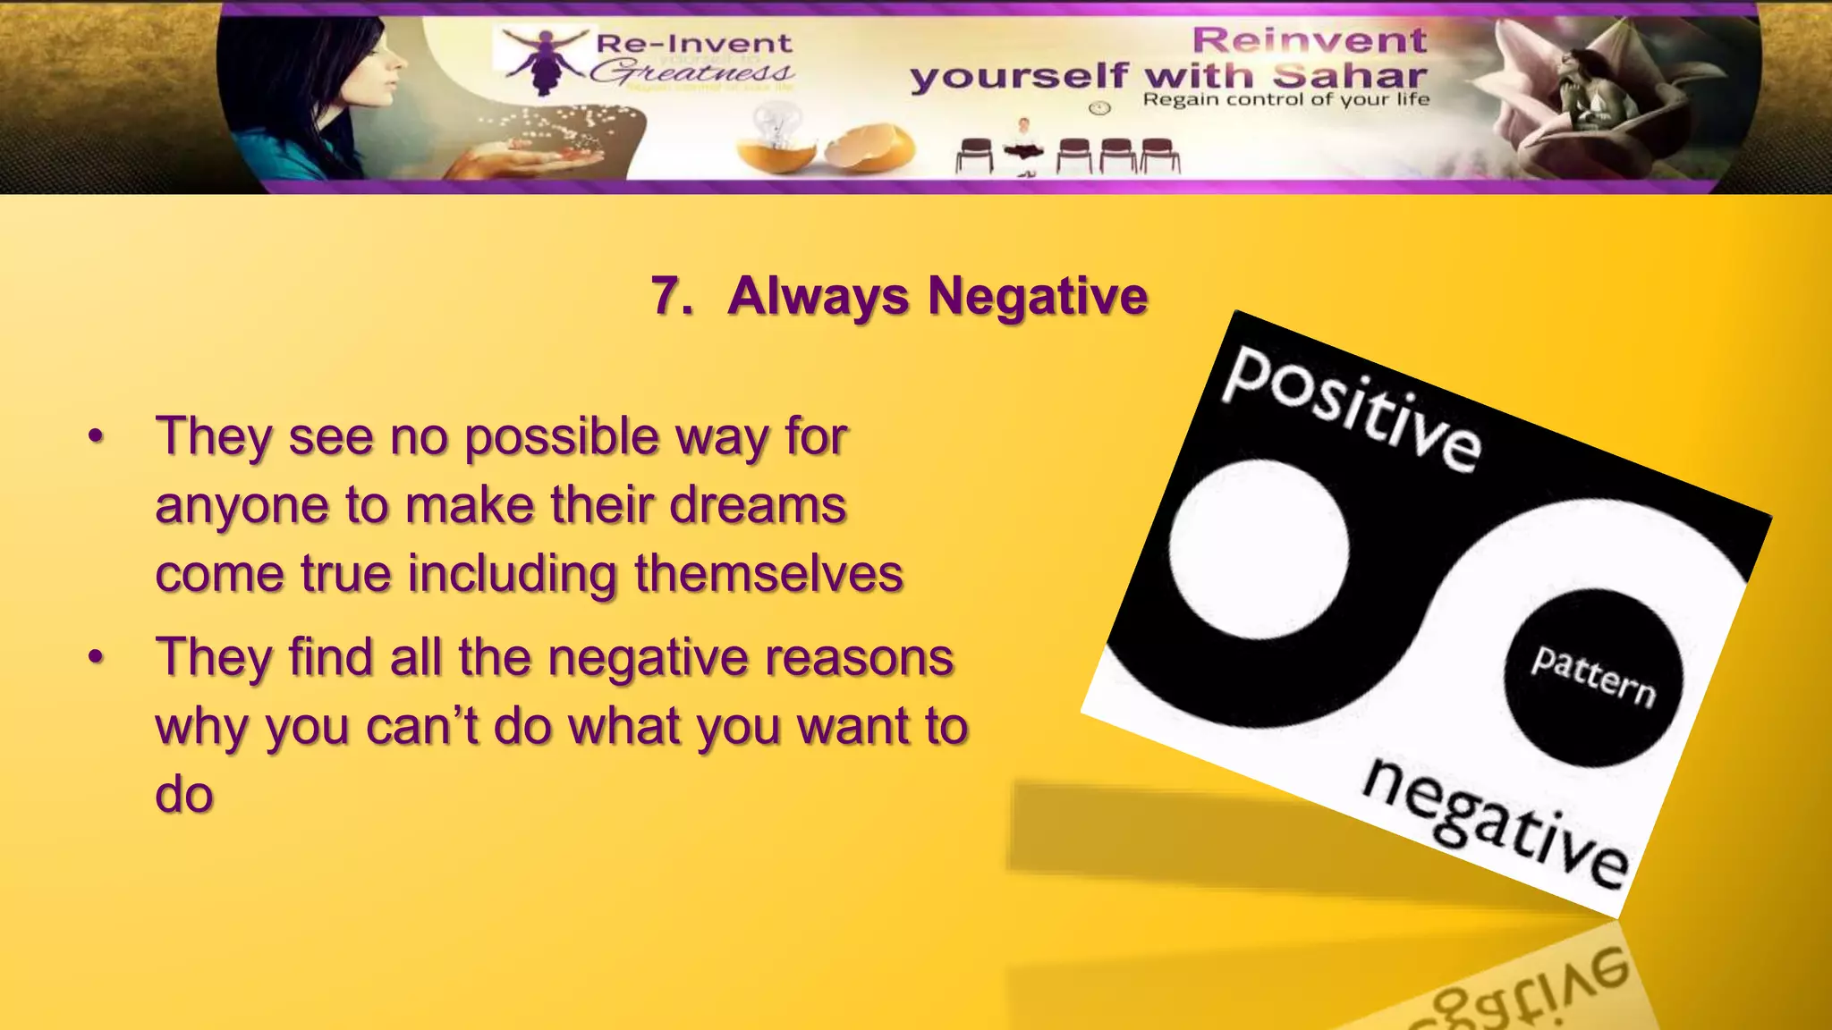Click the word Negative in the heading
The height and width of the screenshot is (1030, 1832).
(x=1038, y=296)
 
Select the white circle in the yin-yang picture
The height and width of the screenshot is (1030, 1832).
(x=1259, y=549)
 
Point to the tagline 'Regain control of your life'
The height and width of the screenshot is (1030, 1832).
(x=1285, y=99)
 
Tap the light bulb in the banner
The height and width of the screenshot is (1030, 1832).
(x=775, y=125)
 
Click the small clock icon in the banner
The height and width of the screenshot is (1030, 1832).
(x=1099, y=108)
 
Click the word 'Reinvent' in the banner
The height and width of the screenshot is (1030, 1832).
(x=1309, y=40)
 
